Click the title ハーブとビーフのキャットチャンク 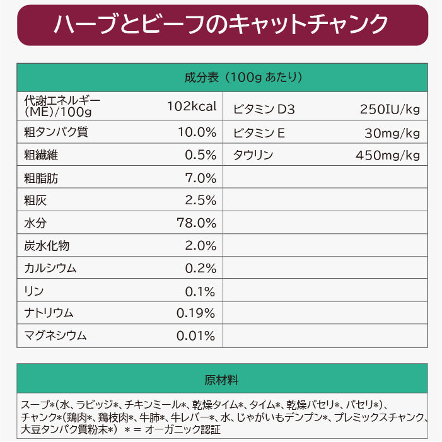pyautogui.click(x=221, y=25)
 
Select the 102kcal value pyautogui.click(x=191, y=106)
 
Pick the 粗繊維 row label pyautogui.click(x=41, y=155)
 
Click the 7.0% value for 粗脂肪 pyautogui.click(x=201, y=178)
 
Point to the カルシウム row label pyautogui.click(x=50, y=268)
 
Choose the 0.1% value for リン pyautogui.click(x=201, y=291)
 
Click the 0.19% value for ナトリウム pyautogui.click(x=196, y=313)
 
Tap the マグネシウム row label pyautogui.click(x=55, y=335)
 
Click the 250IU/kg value pyautogui.click(x=390, y=109)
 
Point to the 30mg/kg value pyautogui.click(x=392, y=132)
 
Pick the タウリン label pyautogui.click(x=253, y=155)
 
